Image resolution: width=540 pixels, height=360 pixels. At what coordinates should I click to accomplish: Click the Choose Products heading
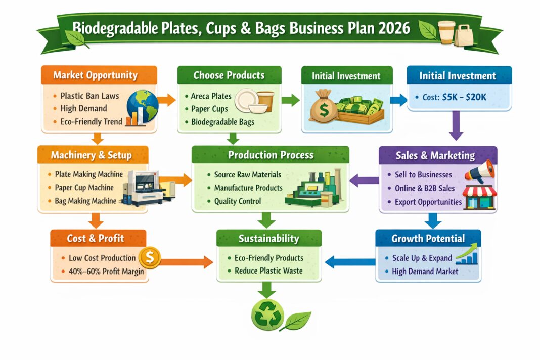[229, 75]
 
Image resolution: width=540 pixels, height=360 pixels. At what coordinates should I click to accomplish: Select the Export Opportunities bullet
[428, 202]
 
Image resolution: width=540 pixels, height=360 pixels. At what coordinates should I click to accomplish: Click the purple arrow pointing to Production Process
[364, 178]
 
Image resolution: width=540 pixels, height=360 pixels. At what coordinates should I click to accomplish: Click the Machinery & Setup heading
[91, 155]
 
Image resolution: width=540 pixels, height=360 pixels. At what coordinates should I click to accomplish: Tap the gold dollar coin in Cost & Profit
[150, 258]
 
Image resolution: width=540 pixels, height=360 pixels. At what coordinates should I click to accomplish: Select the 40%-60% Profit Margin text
[106, 272]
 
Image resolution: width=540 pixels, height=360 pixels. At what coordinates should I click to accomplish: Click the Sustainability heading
[269, 238]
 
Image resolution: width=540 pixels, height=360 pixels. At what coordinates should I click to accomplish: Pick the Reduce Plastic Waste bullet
[268, 271]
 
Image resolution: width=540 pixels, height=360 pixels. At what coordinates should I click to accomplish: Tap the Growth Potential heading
[428, 238]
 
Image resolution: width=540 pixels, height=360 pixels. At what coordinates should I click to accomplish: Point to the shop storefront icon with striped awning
[480, 197]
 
